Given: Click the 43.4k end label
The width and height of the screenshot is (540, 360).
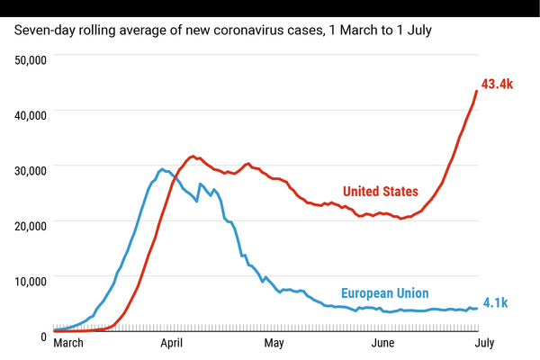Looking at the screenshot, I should pyautogui.click(x=498, y=84).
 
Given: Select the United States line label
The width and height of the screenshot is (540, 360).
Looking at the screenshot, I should pyautogui.click(x=380, y=191).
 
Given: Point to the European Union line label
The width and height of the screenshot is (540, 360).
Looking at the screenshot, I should pyautogui.click(x=384, y=292).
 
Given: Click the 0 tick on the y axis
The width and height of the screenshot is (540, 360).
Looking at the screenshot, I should pyautogui.click(x=42, y=336).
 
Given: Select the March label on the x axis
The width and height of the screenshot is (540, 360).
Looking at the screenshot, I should pyautogui.click(x=73, y=343).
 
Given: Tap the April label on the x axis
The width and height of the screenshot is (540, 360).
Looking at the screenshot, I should pyautogui.click(x=172, y=343).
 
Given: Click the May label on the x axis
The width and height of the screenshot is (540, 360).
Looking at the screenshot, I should pyautogui.click(x=274, y=343).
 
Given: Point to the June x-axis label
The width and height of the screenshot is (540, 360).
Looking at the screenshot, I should pyautogui.click(x=383, y=343).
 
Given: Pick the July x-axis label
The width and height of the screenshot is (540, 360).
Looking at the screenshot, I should pyautogui.click(x=485, y=343).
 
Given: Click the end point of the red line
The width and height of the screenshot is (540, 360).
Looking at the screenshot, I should pyautogui.click(x=476, y=91).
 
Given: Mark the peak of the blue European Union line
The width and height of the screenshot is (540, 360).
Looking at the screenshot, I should pyautogui.click(x=162, y=168).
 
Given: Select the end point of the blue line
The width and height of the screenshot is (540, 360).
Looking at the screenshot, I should pyautogui.click(x=476, y=309).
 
